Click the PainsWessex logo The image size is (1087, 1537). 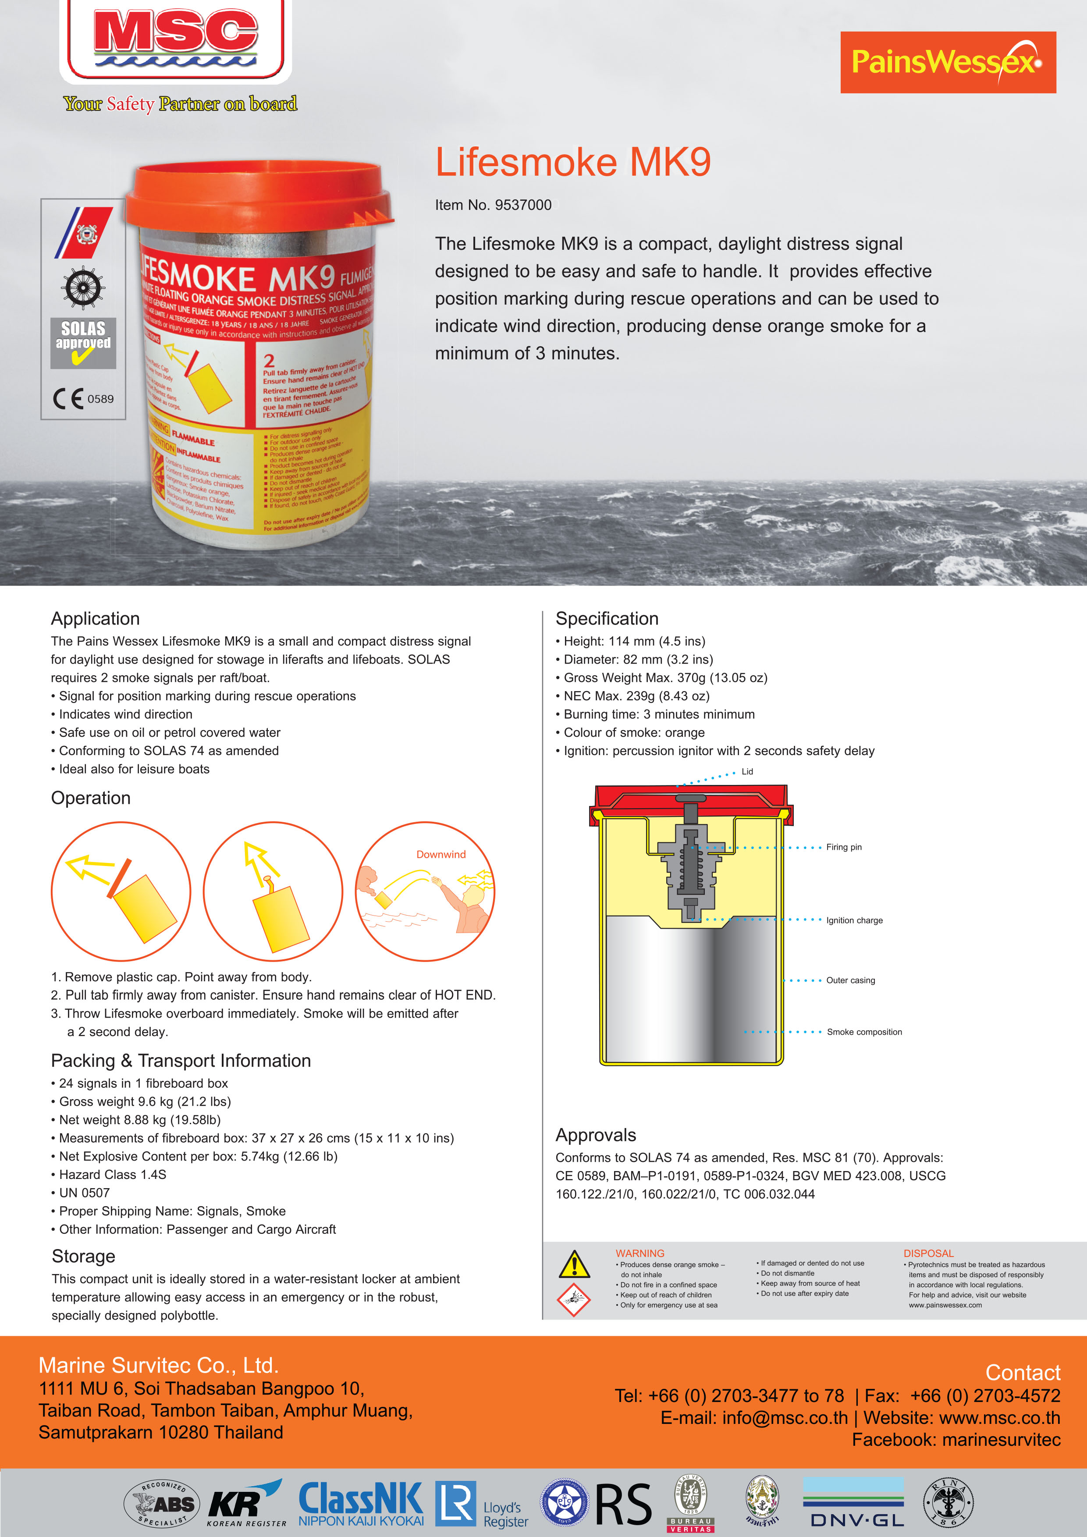tap(947, 62)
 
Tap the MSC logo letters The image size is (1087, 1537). tap(175, 33)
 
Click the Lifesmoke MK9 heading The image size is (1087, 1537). tap(572, 163)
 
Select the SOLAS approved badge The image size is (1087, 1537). tap(83, 343)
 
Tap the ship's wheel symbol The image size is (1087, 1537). tap(83, 288)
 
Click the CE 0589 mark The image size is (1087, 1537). tap(83, 399)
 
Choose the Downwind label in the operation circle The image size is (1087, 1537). tap(440, 854)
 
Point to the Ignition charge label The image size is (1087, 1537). tap(854, 920)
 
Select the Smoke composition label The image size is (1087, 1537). tap(864, 1032)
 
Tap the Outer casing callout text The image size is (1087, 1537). tap(850, 980)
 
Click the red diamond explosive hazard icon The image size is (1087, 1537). tap(574, 1300)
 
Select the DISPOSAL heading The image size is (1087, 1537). tap(928, 1253)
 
